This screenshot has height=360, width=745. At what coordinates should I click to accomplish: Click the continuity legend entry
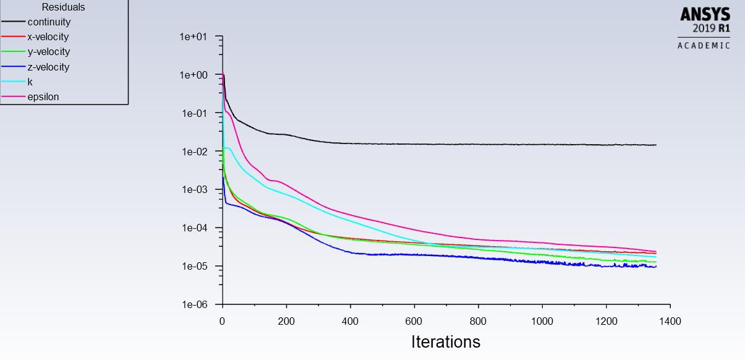tap(49, 22)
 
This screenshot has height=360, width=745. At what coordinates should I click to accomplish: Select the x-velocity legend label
tap(48, 37)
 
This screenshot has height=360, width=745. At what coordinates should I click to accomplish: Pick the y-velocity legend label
tap(48, 52)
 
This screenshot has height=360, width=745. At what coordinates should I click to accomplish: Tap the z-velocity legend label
tap(48, 67)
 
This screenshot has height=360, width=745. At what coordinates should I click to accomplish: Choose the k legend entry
tap(30, 82)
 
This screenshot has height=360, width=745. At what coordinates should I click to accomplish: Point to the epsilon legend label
tap(43, 96)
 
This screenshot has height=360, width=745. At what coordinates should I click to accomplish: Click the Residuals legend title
tap(63, 7)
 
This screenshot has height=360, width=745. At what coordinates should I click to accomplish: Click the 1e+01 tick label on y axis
tap(193, 37)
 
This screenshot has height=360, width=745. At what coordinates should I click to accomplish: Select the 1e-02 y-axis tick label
tap(193, 152)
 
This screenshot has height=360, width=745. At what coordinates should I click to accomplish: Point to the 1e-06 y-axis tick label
tap(193, 305)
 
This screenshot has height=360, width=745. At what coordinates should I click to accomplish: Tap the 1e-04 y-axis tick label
tap(193, 228)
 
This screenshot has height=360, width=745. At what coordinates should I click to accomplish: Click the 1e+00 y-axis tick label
tap(193, 75)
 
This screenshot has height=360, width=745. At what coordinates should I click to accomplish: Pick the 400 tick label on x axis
tap(351, 322)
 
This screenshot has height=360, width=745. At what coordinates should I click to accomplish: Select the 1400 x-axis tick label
tap(670, 322)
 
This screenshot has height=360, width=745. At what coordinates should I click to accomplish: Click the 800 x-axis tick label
tap(478, 322)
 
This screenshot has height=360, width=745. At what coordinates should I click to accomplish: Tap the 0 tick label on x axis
tap(223, 322)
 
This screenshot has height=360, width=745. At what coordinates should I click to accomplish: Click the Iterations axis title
tap(445, 341)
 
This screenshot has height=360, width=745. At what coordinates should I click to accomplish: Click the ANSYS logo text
tap(705, 14)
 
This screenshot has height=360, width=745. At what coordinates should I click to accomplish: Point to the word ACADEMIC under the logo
tap(704, 45)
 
